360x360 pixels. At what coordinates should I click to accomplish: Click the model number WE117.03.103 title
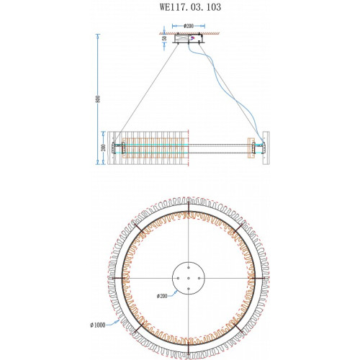(x=190, y=7)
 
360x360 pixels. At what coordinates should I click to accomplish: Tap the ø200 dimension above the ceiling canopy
(x=189, y=26)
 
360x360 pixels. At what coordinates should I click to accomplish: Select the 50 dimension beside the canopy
(x=164, y=38)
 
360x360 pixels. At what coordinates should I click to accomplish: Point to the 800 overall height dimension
(x=97, y=99)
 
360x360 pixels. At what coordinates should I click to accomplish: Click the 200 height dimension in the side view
(x=104, y=148)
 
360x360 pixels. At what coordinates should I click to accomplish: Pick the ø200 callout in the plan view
(x=162, y=296)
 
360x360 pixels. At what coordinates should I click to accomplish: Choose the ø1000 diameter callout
(x=98, y=325)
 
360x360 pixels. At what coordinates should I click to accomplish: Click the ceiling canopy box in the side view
(x=189, y=39)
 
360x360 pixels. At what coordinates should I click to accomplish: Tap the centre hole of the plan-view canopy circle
(x=189, y=278)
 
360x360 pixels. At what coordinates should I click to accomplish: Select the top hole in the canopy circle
(x=189, y=268)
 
